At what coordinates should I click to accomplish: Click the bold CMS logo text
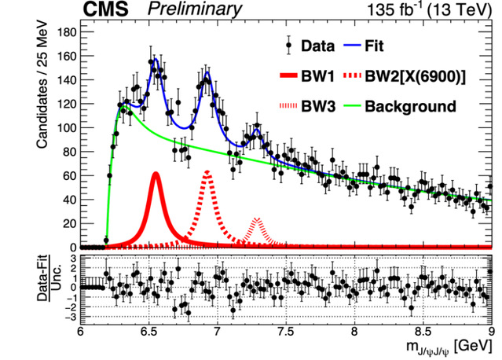108,10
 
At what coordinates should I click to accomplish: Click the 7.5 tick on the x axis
286,332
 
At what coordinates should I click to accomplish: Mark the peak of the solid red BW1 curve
156,174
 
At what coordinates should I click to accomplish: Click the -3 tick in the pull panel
71,316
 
